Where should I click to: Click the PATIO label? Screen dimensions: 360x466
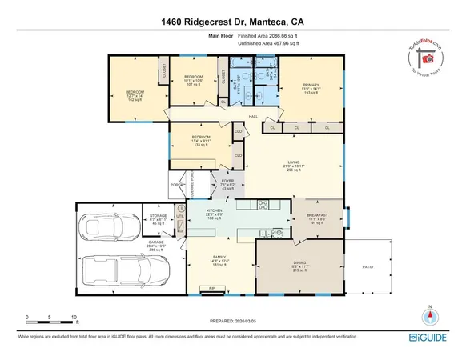(x=368, y=267)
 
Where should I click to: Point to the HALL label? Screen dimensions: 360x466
(x=253, y=117)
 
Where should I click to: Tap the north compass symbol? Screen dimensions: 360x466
(x=430, y=314)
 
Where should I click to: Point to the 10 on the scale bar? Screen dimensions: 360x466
(x=74, y=316)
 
